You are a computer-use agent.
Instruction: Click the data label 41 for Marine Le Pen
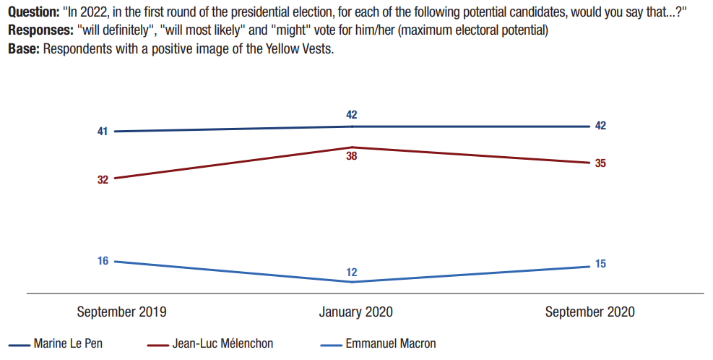click(x=103, y=132)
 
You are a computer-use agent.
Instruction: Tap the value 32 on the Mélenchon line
click(x=103, y=179)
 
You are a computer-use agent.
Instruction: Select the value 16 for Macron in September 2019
click(x=103, y=261)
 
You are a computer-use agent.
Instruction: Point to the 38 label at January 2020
click(x=352, y=156)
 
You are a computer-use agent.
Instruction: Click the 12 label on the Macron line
click(x=352, y=273)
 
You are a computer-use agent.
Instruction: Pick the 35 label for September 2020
click(x=600, y=163)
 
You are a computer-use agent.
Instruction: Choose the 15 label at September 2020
click(x=600, y=264)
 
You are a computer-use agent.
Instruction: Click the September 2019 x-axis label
click(x=121, y=312)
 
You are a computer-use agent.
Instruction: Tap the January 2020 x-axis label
click(x=356, y=312)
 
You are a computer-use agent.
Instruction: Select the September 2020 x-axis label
click(x=590, y=312)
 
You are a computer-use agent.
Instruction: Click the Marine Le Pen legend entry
click(x=68, y=344)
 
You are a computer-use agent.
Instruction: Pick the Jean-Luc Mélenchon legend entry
click(x=222, y=344)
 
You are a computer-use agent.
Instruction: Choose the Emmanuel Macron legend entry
click(x=391, y=344)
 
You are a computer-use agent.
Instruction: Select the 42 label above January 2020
click(x=352, y=114)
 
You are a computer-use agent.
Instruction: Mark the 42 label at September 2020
click(x=600, y=126)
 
